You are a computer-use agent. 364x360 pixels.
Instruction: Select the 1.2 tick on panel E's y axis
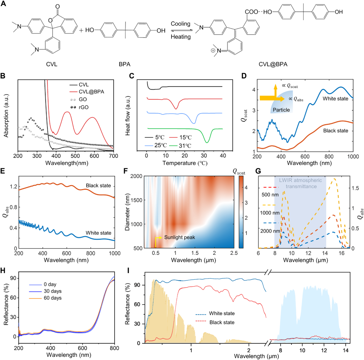(12, 185)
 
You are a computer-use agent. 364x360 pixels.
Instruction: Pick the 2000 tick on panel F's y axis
(135, 176)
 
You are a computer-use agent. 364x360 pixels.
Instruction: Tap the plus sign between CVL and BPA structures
(81, 30)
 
